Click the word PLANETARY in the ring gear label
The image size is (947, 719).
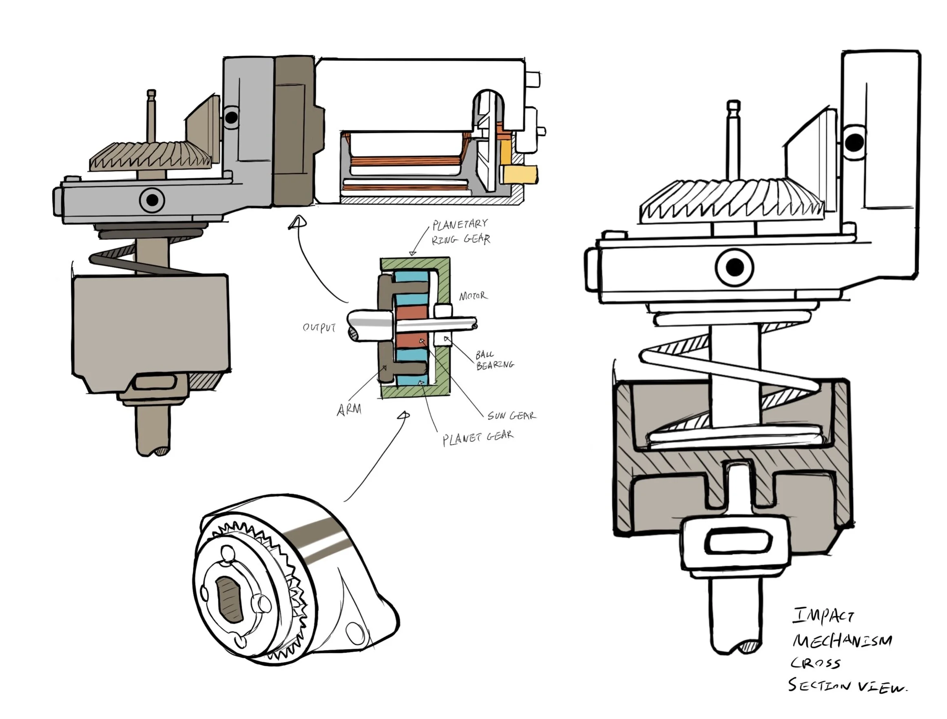coord(460,224)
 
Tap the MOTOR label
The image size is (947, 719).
coord(473,296)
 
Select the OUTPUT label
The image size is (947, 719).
coord(319,328)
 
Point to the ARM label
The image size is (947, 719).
coord(349,410)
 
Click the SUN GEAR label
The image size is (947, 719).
coord(511,415)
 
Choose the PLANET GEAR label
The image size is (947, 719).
coord(478,438)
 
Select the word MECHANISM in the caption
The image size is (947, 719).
coord(842,641)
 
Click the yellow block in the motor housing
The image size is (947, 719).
coord(520,174)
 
